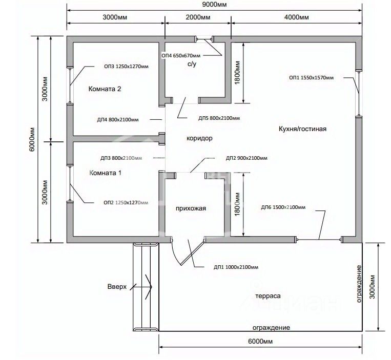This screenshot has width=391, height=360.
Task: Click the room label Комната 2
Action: coord(105,89)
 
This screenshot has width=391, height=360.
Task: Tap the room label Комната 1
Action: coord(105,173)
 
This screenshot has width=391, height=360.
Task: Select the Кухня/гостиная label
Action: coord(302,129)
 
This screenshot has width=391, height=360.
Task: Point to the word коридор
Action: coord(199,138)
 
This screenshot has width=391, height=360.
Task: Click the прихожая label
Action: coord(191,208)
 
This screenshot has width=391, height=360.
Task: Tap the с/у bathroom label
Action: coord(192,64)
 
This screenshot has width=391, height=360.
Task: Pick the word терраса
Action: coord(268,296)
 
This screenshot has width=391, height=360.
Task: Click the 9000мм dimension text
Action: coord(214,5)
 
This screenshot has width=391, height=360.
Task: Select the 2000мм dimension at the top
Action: coord(198,17)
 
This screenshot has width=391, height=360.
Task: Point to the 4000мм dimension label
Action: coord(297,17)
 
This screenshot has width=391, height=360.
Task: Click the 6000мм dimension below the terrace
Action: coord(260,341)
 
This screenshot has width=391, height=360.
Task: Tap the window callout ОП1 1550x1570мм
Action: coord(311,78)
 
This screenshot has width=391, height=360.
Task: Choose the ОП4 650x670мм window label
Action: coord(181,55)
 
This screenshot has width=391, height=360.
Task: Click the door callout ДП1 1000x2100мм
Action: coord(236,267)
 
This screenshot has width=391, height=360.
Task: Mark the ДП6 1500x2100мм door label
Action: coord(283,207)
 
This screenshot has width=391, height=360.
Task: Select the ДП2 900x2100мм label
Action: coord(246,158)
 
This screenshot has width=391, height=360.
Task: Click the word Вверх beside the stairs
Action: coord(117,287)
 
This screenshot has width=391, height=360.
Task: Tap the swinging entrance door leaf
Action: coord(193,251)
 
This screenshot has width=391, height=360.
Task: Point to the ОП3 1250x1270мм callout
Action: coord(126,67)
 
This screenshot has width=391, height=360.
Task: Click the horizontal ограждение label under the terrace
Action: coord(271,327)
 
